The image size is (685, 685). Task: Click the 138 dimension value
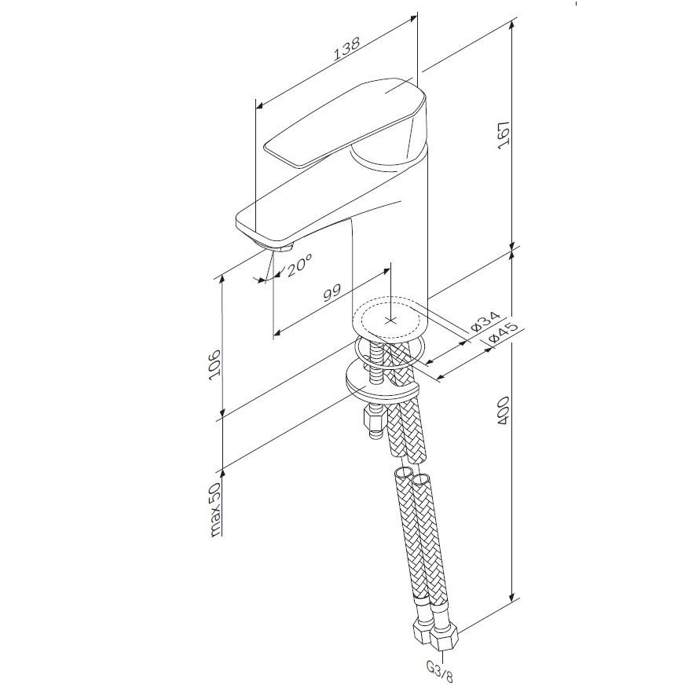[346, 49]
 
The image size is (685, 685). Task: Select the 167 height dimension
[504, 135]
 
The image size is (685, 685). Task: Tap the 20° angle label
[299, 266]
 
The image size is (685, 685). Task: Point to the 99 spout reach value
[332, 292]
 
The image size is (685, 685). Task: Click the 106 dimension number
[215, 364]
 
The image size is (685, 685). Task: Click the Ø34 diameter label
[485, 321]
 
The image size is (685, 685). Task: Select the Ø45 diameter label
[503, 332]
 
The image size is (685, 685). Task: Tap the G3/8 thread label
[440, 671]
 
